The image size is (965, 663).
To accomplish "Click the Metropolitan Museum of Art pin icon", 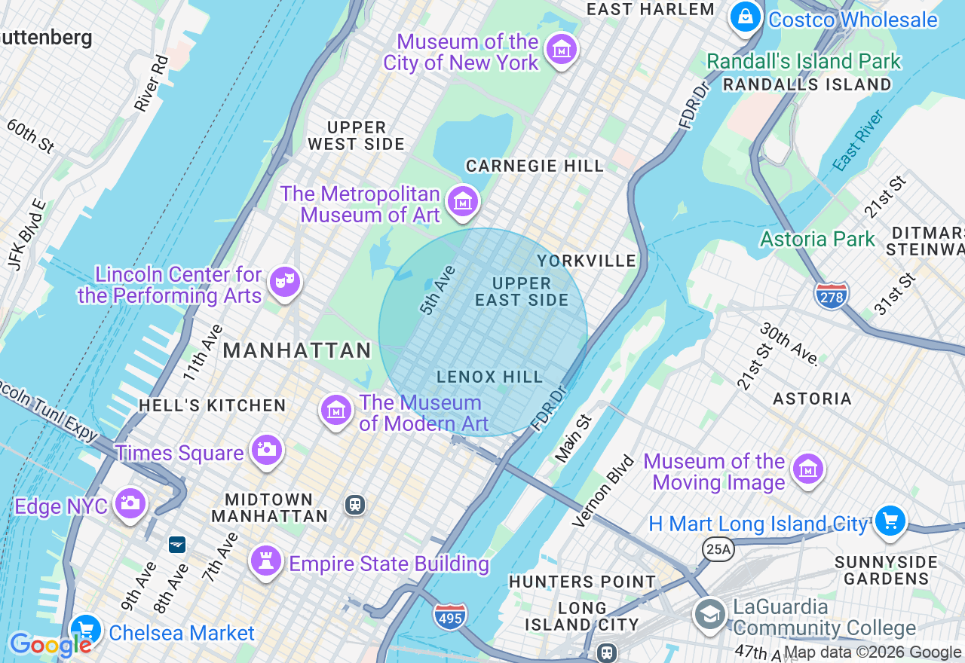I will point(463,201).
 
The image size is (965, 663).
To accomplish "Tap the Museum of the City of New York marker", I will point(561,50).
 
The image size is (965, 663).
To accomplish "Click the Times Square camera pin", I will point(266,450).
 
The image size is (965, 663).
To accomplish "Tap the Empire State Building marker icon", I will point(266,561).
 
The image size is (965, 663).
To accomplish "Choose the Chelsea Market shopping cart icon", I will point(85,630).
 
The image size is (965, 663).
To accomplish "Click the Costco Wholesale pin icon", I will point(746,17).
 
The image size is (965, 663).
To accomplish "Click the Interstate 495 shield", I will point(450,616).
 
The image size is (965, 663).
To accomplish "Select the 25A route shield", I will point(718,550).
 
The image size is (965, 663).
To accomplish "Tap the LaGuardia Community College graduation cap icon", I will point(709,615).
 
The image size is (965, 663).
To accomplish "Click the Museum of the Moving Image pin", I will point(808,469).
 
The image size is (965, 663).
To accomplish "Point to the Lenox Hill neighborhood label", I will point(489,377).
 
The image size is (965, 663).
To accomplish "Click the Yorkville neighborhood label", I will point(587,261).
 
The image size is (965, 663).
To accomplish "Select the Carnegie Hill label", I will point(535,166).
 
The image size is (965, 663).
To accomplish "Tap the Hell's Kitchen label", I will point(213,405).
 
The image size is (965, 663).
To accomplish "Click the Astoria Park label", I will point(817,240).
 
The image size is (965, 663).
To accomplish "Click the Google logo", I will point(51,645).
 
